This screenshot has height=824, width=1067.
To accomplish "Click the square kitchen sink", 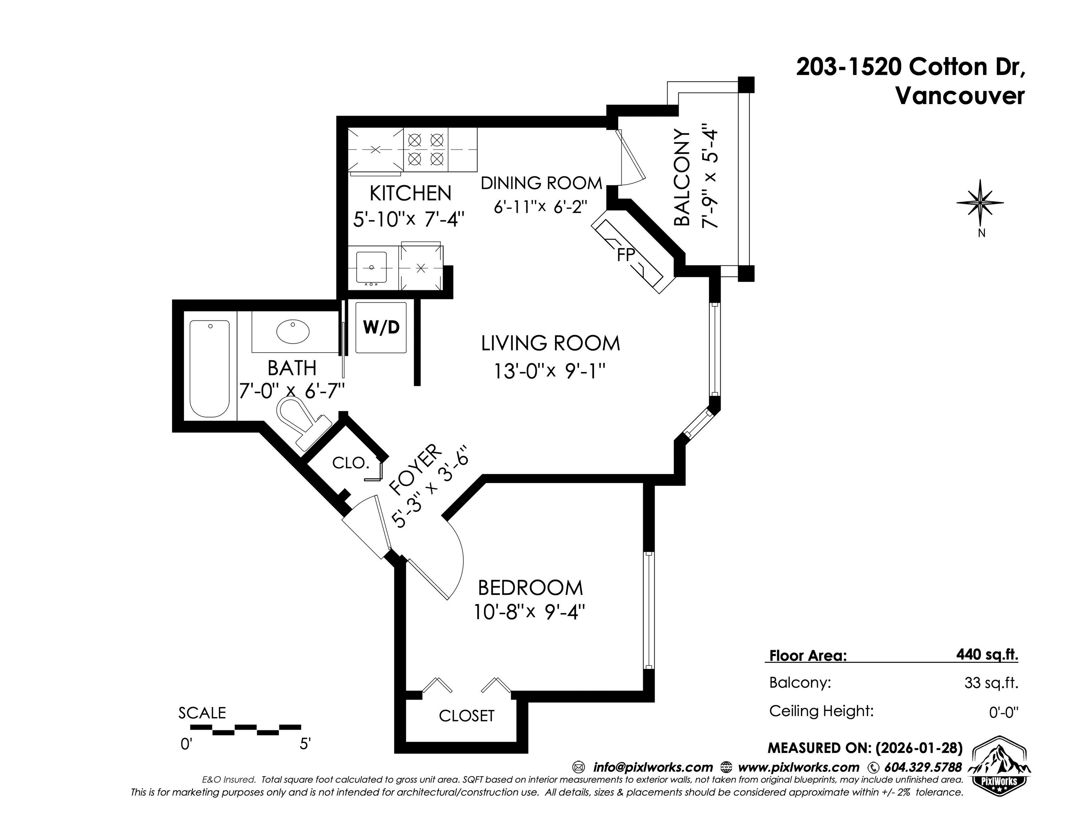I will click(371, 268).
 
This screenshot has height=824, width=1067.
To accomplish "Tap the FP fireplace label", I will click(626, 255).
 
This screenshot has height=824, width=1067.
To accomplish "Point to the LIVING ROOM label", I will click(550, 344).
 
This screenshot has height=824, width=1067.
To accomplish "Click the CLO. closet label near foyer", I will click(350, 463).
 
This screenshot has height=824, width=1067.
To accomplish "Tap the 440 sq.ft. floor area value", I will click(987, 654).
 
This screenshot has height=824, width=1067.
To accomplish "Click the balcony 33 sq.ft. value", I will click(991, 682).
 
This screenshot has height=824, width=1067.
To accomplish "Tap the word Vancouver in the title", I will click(960, 96).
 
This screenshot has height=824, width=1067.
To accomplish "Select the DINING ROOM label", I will click(541, 183).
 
